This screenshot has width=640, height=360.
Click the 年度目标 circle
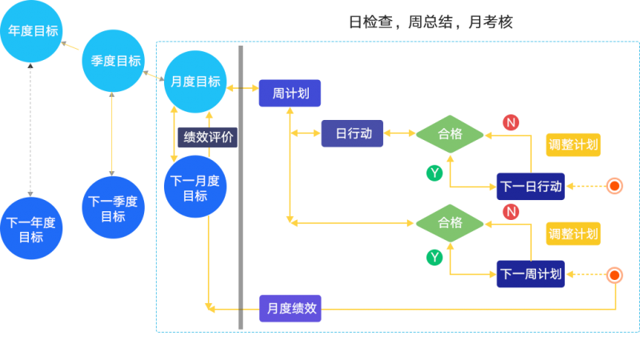pos(31,31)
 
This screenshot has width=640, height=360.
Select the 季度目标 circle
pos(112,61)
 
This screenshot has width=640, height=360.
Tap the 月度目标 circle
pos(195,82)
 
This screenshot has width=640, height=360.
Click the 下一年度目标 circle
pos(31,229)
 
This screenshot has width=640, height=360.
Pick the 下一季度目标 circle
pos(112,208)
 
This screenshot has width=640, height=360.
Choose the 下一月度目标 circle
pos(195,187)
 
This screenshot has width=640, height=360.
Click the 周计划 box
pos(290,93)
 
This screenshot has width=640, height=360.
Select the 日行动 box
pos(353,134)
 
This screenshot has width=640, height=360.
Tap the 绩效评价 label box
pos(208,137)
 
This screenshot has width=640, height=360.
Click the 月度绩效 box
pos(290,308)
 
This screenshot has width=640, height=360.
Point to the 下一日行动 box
pos(530,186)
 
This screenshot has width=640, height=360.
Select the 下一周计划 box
pos(530,274)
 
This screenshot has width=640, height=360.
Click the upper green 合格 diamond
pos(450,134)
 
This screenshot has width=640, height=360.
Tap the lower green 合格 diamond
pos(450,222)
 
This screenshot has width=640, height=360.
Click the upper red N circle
pos(510,122)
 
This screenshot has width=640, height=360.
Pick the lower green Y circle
pos(434,257)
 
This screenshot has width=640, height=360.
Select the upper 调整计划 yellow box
pos(573,145)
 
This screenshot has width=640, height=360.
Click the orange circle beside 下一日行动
pos(614,186)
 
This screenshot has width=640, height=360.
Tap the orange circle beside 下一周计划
pos(614,274)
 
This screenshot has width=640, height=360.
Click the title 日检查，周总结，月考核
pos(430,22)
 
